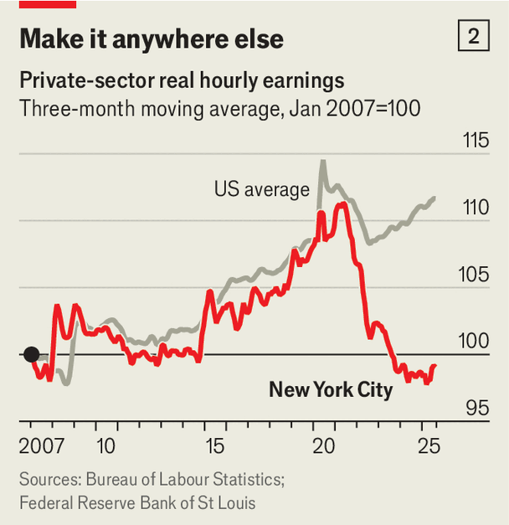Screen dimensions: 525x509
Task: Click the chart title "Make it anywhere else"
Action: tap(151, 39)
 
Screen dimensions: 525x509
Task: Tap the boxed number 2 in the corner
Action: tap(474, 37)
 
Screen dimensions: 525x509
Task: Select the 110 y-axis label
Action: tap(476, 207)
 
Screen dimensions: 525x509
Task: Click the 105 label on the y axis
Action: tap(476, 275)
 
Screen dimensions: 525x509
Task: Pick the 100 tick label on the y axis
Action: tap(476, 342)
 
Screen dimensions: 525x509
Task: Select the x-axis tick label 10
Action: tap(105, 445)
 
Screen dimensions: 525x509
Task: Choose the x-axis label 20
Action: tap(323, 445)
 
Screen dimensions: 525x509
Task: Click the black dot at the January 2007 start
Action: tap(31, 354)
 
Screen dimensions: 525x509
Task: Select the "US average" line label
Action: tap(261, 190)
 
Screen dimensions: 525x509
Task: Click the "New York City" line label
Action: tap(331, 389)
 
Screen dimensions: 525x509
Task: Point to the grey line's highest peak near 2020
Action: tap(322, 161)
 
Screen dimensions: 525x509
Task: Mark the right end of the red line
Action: tap(435, 365)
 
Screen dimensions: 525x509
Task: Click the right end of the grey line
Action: tap(435, 198)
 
